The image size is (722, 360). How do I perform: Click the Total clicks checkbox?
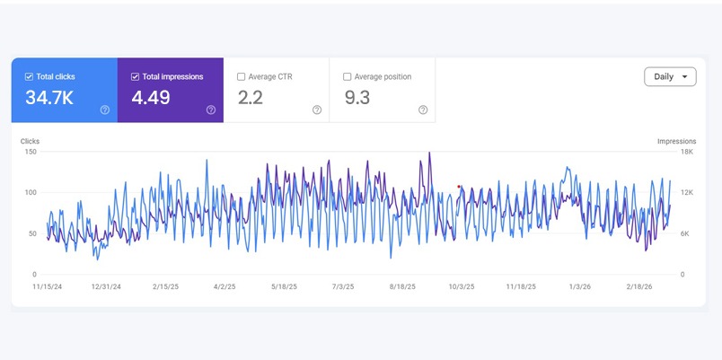[x=30, y=77]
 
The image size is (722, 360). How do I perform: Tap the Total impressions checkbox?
[x=136, y=77]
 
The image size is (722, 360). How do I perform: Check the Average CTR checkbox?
[x=242, y=77]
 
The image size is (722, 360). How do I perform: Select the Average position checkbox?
[x=348, y=77]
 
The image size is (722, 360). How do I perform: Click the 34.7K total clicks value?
[x=49, y=98]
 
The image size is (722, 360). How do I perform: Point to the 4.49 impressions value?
[x=151, y=98]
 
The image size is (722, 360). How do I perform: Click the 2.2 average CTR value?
[x=250, y=98]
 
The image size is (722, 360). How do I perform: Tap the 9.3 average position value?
[x=357, y=98]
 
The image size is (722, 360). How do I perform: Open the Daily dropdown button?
[x=670, y=77]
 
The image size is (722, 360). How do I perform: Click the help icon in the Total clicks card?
[x=105, y=110]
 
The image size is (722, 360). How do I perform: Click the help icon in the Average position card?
[x=423, y=110]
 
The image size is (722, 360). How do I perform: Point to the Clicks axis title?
[x=31, y=141]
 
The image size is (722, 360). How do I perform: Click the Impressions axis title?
[x=676, y=141]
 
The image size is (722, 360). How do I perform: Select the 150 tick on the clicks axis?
[x=31, y=152]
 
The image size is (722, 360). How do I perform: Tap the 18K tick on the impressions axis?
[x=685, y=152]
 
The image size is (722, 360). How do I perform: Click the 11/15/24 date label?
[x=46, y=287]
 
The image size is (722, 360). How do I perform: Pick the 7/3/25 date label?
[x=343, y=287]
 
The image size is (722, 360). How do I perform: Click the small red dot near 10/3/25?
[x=459, y=187]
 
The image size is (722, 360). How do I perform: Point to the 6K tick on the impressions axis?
[x=683, y=233]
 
